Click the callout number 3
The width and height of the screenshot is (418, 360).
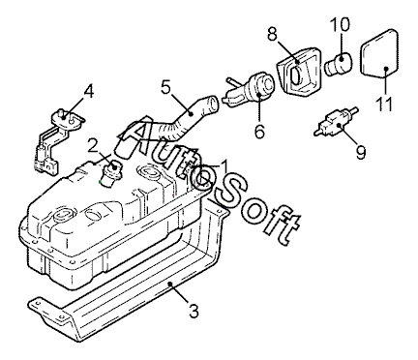click(194, 312)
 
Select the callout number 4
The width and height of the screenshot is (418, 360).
click(88, 91)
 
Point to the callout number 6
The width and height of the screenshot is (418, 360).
click(259, 132)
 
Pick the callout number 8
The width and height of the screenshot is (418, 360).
click(273, 34)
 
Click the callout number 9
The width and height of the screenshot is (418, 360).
click(361, 152)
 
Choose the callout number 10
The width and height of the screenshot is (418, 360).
click(340, 25)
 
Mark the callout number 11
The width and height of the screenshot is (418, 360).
click(384, 104)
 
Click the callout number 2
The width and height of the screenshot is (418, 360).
click(93, 145)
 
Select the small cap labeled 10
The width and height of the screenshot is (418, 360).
click(339, 64)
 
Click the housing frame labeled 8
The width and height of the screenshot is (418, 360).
click(298, 72)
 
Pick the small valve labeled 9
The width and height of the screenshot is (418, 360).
click(336, 123)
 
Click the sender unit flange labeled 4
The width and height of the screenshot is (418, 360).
click(68, 118)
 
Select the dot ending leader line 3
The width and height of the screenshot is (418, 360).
click(171, 284)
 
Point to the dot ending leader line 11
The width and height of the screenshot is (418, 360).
click(386, 68)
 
